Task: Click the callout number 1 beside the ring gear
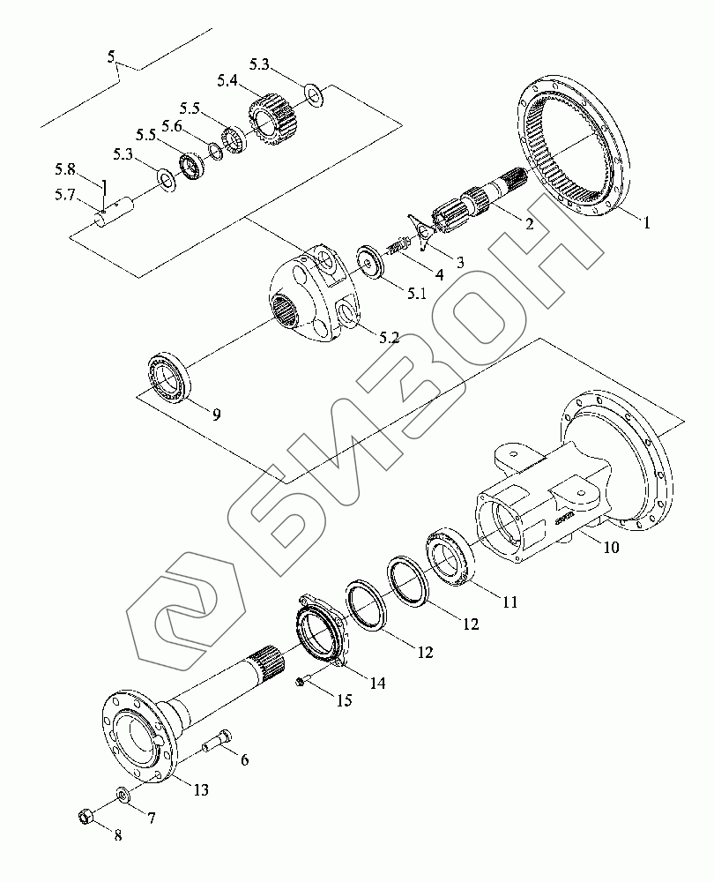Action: point(647,223)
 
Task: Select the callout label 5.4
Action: point(227,81)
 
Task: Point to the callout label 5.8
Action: point(65,168)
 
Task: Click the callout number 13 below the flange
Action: point(201,789)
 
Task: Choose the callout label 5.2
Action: point(389,338)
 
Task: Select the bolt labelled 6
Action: point(218,746)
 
